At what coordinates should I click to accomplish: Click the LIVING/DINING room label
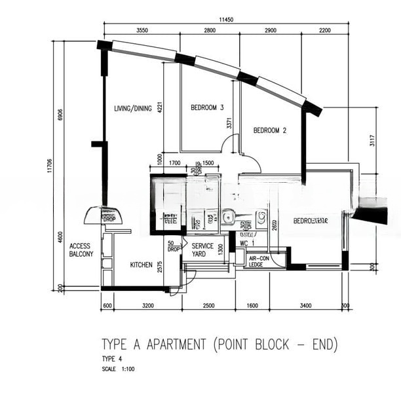pyautogui.click(x=133, y=109)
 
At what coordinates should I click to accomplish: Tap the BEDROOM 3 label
pyautogui.click(x=208, y=107)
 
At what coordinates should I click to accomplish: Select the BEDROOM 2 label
pyautogui.click(x=270, y=130)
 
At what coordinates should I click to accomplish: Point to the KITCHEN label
pyautogui.click(x=142, y=265)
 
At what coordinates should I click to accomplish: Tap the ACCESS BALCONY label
pyautogui.click(x=81, y=250)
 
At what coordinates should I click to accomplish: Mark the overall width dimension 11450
pyautogui.click(x=226, y=20)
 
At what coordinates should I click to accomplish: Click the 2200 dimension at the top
pyautogui.click(x=325, y=31)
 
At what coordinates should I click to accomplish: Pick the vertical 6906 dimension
pyautogui.click(x=60, y=116)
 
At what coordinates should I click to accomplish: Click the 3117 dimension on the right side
pyautogui.click(x=371, y=140)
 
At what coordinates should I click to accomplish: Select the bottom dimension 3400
pyautogui.click(x=306, y=305)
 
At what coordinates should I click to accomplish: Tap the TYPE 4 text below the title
pyautogui.click(x=111, y=359)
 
